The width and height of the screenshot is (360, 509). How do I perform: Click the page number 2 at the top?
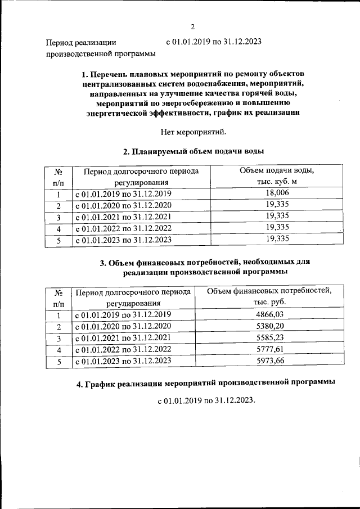click(x=192, y=26)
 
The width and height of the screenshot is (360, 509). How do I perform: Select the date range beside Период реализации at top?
click(x=214, y=42)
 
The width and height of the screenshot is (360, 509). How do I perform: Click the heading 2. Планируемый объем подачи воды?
click(x=193, y=151)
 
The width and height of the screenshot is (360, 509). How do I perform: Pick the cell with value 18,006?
click(x=277, y=193)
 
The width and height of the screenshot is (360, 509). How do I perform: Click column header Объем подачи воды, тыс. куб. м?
click(x=277, y=177)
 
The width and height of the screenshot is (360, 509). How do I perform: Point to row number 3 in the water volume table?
click(x=58, y=216)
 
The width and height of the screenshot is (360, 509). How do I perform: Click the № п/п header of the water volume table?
click(x=58, y=177)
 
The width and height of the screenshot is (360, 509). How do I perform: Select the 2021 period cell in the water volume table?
click(x=123, y=216)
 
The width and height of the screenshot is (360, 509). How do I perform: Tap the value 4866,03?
click(x=269, y=315)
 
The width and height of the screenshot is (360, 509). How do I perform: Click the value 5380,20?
click(x=269, y=327)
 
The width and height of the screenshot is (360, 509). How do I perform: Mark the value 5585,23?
click(x=269, y=339)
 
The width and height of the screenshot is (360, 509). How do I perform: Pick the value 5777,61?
click(x=269, y=350)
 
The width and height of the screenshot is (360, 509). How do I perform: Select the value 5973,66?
click(x=269, y=361)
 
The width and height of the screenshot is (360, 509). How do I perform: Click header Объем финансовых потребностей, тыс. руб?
click(x=269, y=297)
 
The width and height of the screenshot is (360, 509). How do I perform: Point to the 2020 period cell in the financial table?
click(x=123, y=327)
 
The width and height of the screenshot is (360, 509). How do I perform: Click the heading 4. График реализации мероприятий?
click(x=205, y=383)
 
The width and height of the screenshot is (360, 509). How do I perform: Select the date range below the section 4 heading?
click(x=206, y=400)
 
